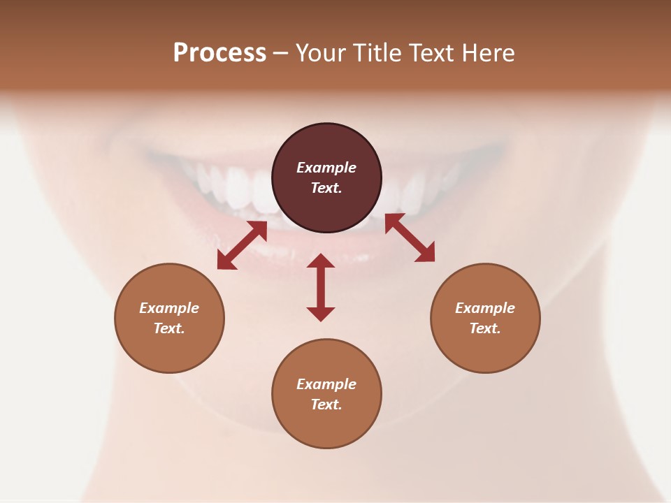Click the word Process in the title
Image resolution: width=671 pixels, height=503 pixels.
click(219, 53)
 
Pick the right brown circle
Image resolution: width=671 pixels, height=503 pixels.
click(485, 346)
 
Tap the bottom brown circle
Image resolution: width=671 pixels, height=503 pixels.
click(326, 426)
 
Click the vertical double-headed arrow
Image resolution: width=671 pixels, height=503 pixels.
click(321, 287)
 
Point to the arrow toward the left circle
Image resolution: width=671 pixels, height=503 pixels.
click(242, 245)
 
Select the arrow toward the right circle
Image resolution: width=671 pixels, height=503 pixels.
click(410, 238)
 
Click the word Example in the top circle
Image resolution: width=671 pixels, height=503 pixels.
click(326, 168)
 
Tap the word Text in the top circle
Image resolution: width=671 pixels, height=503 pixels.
click(326, 188)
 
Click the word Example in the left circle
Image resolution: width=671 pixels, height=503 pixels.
click(169, 308)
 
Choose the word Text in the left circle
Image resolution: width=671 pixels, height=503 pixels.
click(169, 328)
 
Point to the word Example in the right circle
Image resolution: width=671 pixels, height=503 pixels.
click(485, 308)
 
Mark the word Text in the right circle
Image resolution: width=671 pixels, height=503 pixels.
click(485, 328)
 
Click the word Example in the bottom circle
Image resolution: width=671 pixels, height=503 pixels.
click(326, 384)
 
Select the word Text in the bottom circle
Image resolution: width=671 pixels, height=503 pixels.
click(326, 404)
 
